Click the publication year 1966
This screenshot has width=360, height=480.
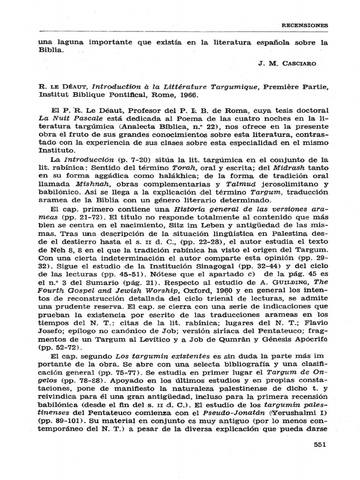(186, 94)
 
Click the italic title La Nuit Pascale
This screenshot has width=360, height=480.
(65, 119)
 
